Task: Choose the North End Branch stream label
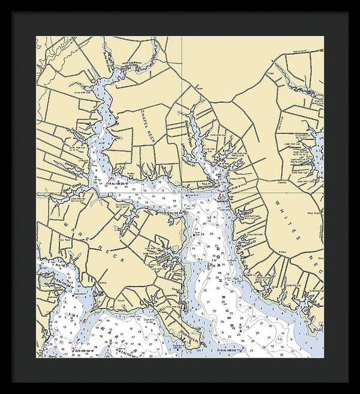click(x=133, y=61)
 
